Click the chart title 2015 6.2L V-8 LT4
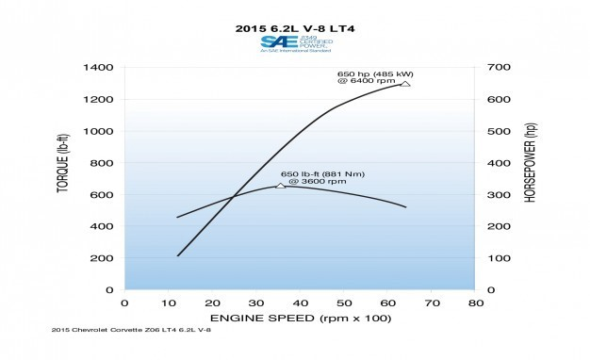click(294, 28)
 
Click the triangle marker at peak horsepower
click(405, 84)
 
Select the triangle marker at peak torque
click(281, 186)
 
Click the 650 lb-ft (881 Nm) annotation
click(322, 177)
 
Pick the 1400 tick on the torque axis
click(97, 68)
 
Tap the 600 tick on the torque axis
click(101, 195)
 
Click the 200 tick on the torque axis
click(101, 258)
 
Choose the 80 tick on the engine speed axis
click(476, 303)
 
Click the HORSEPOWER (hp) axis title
click(529, 179)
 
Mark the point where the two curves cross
click(235, 196)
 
